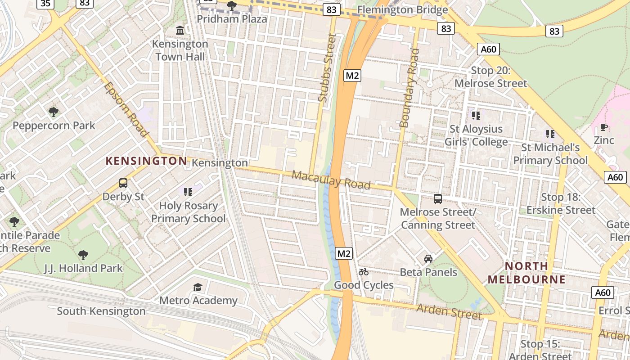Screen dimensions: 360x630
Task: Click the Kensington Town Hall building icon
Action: tap(180, 31)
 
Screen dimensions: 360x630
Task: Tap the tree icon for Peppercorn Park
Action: tap(54, 112)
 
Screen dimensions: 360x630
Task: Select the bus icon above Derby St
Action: tap(123, 183)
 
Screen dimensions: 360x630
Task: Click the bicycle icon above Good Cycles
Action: tap(364, 272)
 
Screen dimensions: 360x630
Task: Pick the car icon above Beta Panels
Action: tap(428, 259)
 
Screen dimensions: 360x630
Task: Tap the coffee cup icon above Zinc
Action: tap(604, 127)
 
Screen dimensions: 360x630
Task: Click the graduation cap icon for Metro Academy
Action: tap(198, 287)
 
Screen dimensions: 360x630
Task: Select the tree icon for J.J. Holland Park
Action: tap(83, 255)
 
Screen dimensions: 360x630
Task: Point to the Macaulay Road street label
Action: tap(331, 180)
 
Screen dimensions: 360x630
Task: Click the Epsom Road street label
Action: tap(126, 109)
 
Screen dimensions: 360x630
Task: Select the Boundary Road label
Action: tap(409, 88)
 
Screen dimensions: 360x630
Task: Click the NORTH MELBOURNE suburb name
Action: tap(526, 273)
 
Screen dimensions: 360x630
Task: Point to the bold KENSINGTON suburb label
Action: tap(146, 161)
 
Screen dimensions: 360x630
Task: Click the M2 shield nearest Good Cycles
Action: tap(344, 254)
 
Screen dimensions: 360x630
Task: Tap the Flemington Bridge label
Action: tap(402, 10)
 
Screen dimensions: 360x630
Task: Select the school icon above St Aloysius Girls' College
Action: tap(476, 116)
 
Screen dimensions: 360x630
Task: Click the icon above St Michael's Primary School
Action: tap(550, 134)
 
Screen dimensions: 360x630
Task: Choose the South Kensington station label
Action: tap(101, 311)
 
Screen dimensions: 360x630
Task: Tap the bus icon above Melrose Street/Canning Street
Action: tap(437, 199)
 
